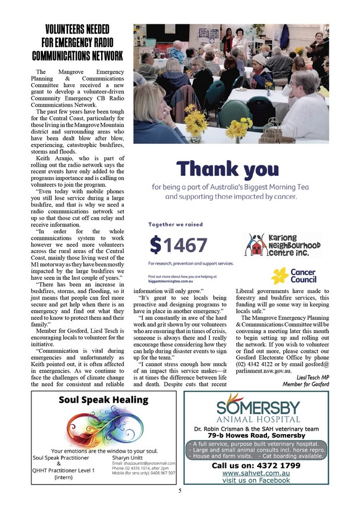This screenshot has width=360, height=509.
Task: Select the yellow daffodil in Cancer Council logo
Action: point(280,275)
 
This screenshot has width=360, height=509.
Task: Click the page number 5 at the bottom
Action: point(180,491)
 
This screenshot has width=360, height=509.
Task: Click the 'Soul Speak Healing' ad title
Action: point(103,400)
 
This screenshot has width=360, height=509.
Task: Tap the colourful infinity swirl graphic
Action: point(105,427)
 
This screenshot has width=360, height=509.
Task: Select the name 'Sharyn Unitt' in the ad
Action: point(127,457)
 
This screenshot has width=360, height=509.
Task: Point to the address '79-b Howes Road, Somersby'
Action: point(256,435)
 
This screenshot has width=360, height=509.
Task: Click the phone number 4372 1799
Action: point(256,465)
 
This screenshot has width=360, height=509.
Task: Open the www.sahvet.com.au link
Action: point(256,473)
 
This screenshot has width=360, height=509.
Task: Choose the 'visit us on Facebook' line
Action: point(256,481)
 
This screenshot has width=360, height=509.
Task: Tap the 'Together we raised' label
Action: point(174,224)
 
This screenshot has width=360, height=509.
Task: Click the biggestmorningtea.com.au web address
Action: point(168,278)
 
